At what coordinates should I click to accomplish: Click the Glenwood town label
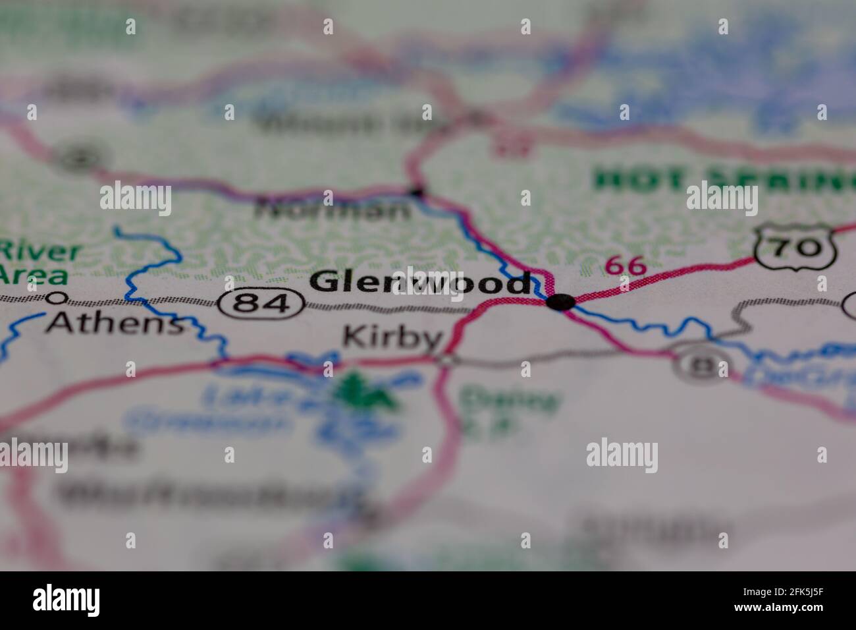pyautogui.click(x=420, y=283)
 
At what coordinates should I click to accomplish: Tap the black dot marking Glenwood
pyautogui.click(x=560, y=302)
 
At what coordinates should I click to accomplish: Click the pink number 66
pyautogui.click(x=625, y=266)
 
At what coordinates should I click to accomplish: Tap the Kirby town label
pyautogui.click(x=392, y=337)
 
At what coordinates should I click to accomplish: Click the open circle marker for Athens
pyautogui.click(x=57, y=298)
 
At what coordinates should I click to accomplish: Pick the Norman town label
pyautogui.click(x=333, y=210)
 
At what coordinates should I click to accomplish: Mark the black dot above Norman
pyautogui.click(x=416, y=192)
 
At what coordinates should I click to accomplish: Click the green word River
pyautogui.click(x=40, y=252)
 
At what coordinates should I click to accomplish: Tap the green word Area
pyautogui.click(x=34, y=275)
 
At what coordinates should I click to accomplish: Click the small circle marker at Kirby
pyautogui.click(x=448, y=360)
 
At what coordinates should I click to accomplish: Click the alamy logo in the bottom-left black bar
pyautogui.click(x=67, y=600)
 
